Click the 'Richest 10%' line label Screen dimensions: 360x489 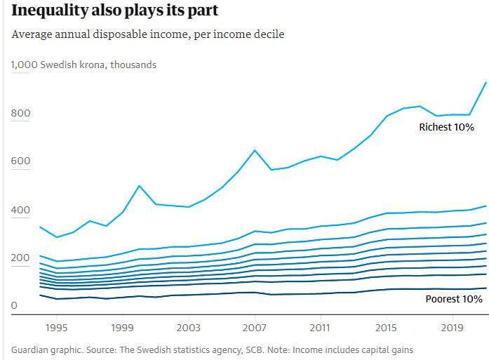click(446, 127)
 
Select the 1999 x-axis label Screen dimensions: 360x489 click(122, 327)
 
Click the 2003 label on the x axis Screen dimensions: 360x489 click(188, 327)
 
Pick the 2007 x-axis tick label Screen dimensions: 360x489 click(254, 327)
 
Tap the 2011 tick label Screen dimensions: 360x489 click(320, 327)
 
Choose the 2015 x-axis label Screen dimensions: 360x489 click(386, 327)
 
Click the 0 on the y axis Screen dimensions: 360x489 click(13, 306)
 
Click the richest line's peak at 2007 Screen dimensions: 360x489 click(254, 150)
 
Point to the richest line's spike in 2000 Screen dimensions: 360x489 click(139, 186)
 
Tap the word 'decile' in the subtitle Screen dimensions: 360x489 click(268, 34)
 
